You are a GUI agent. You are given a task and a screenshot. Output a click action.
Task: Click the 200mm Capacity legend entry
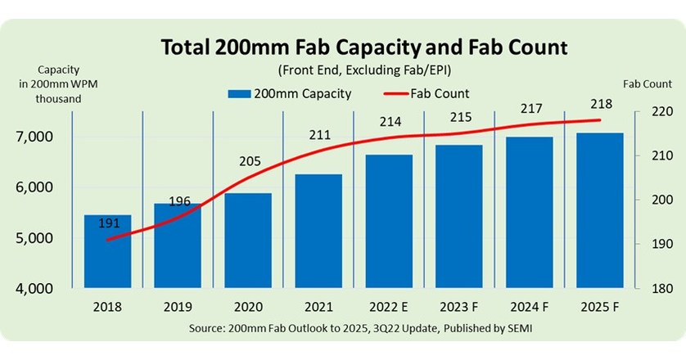(290, 93)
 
